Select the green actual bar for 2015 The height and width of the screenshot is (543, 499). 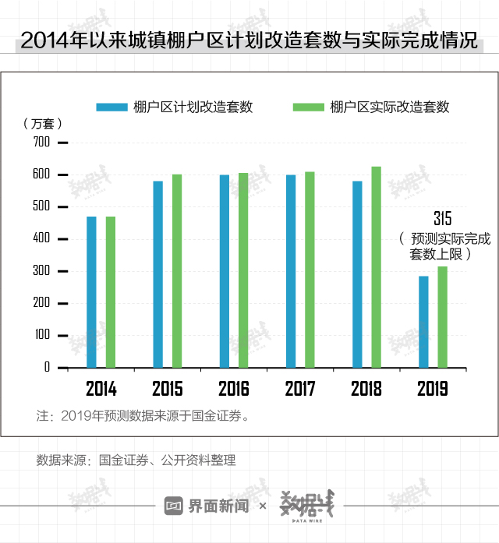pyautogui.click(x=177, y=270)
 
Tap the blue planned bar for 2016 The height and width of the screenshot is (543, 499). pyautogui.click(x=225, y=270)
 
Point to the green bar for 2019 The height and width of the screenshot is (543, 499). pyautogui.click(x=443, y=316)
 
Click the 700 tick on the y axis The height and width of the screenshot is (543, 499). pyautogui.click(x=41, y=143)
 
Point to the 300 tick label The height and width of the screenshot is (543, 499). pyautogui.click(x=41, y=271)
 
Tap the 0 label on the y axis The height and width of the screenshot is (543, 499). pyautogui.click(x=47, y=367)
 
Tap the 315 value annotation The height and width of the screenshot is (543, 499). pyautogui.click(x=442, y=219)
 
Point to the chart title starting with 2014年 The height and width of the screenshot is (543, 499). pyautogui.click(x=249, y=41)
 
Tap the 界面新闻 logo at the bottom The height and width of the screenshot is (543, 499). pyautogui.click(x=207, y=506)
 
